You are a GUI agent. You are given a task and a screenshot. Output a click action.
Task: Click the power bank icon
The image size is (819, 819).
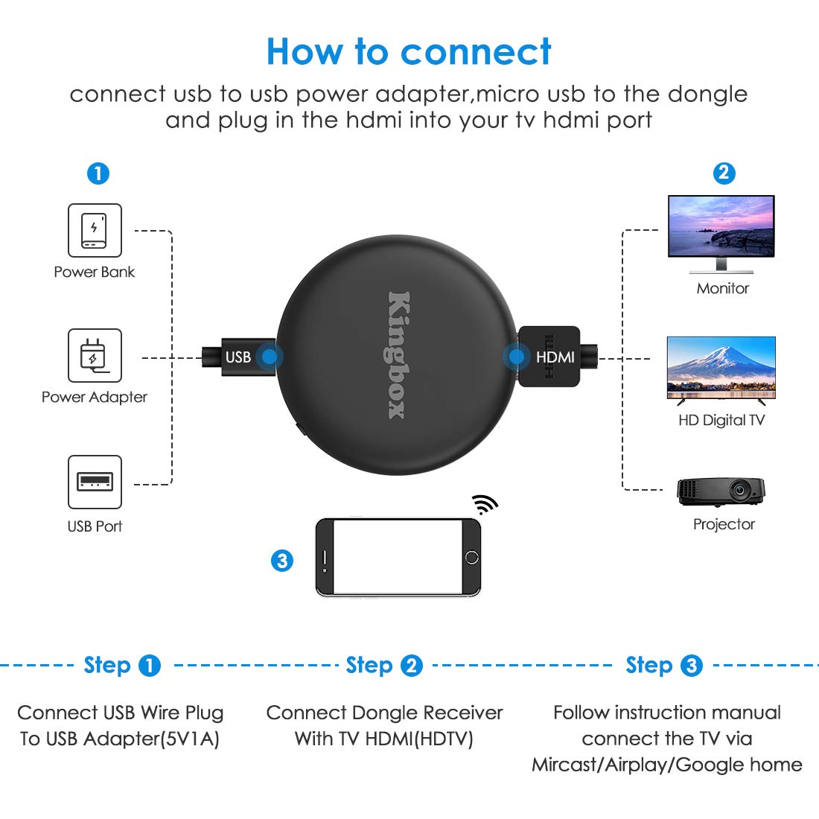(x=95, y=230)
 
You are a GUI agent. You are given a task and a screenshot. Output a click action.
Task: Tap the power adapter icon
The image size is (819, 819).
(x=95, y=355)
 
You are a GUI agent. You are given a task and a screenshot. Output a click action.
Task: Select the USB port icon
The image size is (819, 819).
(x=95, y=482)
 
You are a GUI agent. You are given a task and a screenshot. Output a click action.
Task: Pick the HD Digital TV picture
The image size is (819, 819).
(x=721, y=369)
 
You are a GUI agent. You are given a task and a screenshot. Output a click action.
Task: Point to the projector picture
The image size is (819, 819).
(x=721, y=491)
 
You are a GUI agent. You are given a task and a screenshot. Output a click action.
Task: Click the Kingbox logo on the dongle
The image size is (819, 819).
(x=398, y=354)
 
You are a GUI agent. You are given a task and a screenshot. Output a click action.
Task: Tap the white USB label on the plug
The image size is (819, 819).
(x=238, y=357)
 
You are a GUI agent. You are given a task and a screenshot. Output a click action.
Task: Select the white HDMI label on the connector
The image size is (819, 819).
(x=555, y=357)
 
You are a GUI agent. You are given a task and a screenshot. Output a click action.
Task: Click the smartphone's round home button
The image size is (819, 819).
(x=471, y=557)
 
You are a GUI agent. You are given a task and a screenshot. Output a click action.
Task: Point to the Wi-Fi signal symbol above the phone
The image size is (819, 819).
(x=485, y=505)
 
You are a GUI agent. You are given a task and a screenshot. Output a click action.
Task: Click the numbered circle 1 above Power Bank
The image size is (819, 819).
(x=98, y=174)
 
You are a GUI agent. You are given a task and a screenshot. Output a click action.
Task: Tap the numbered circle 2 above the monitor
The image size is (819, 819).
(x=724, y=173)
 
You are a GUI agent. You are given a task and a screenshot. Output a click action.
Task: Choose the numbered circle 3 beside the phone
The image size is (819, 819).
(x=282, y=560)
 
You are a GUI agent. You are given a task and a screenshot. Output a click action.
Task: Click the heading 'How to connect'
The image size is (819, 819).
(x=409, y=52)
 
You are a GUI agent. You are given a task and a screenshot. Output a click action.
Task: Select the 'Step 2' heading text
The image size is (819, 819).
(x=383, y=665)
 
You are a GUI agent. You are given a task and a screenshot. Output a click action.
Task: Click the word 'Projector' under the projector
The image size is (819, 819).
(x=724, y=524)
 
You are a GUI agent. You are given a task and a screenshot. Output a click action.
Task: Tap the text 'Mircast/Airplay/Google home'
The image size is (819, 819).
(x=666, y=765)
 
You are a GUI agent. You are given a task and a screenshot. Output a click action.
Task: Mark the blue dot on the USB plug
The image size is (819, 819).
(x=270, y=357)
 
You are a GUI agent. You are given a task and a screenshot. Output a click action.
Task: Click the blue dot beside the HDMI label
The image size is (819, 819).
(x=516, y=357)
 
